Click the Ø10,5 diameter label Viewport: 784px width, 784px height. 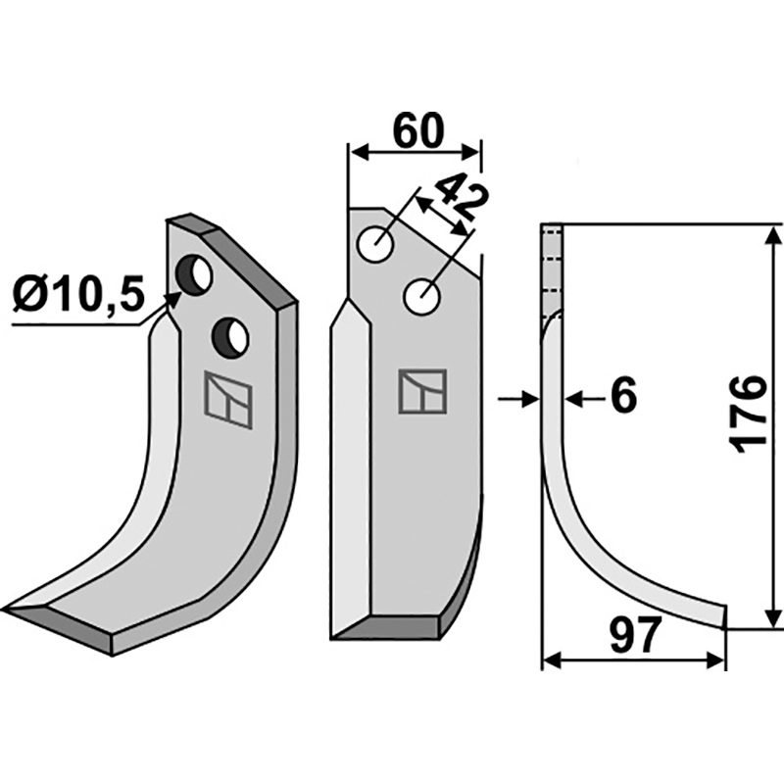[78, 295]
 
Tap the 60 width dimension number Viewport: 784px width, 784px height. [418, 131]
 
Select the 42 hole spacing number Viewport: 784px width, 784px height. [459, 198]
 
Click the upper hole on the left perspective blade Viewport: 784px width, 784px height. [195, 274]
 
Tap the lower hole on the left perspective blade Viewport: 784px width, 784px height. [230, 337]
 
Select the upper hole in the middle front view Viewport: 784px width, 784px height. [375, 245]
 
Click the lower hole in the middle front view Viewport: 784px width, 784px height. [421, 297]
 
